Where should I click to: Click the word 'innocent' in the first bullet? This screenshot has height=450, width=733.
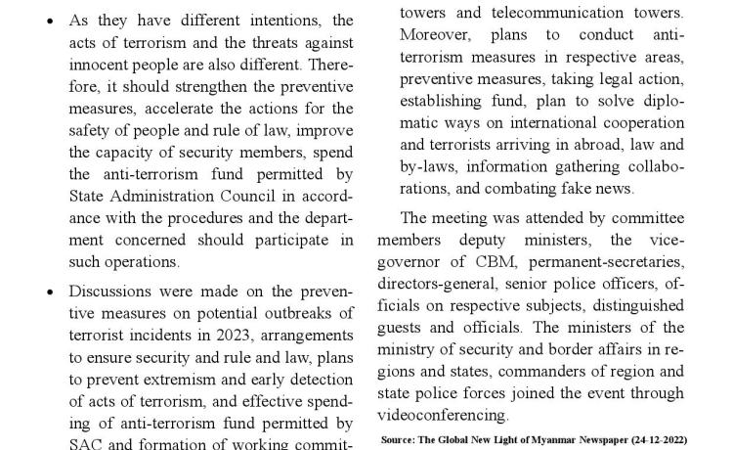pyautogui.click(x=98, y=64)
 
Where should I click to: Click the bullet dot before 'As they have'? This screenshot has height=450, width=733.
pyautogui.click(x=51, y=21)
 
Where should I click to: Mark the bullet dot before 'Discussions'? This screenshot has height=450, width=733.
pyautogui.click(x=51, y=292)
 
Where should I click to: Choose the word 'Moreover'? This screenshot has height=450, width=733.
pyautogui.click(x=435, y=36)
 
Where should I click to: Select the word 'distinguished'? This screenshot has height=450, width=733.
pyautogui.click(x=636, y=305)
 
